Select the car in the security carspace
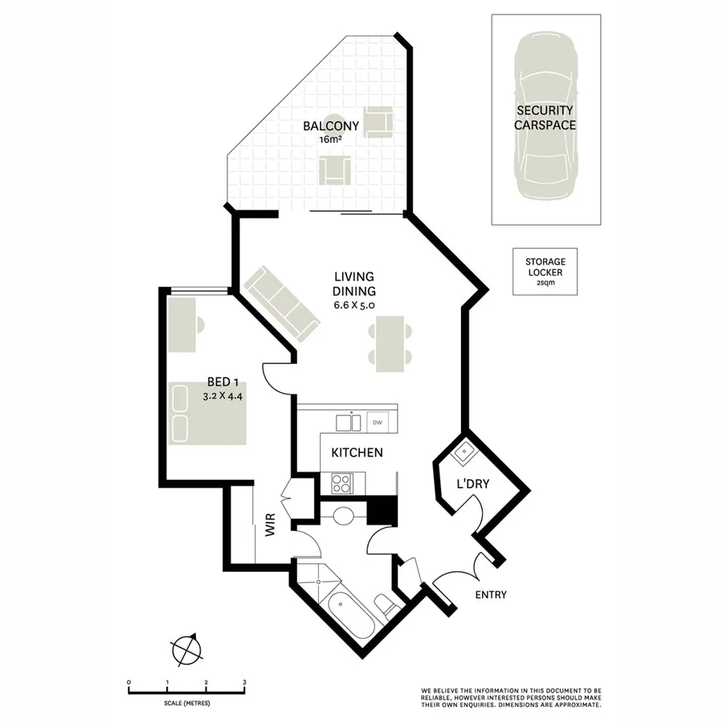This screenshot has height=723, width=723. point(545,119)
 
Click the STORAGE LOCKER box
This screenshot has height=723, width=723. point(545,272)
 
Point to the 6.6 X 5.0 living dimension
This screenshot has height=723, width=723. point(354,305)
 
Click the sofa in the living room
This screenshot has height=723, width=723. point(281,304)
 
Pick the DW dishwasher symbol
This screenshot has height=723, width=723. point(378,421)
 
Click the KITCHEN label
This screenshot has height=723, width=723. point(357,453)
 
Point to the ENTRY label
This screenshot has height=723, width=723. point(491,594)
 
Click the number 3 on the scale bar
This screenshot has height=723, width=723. point(244,682)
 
